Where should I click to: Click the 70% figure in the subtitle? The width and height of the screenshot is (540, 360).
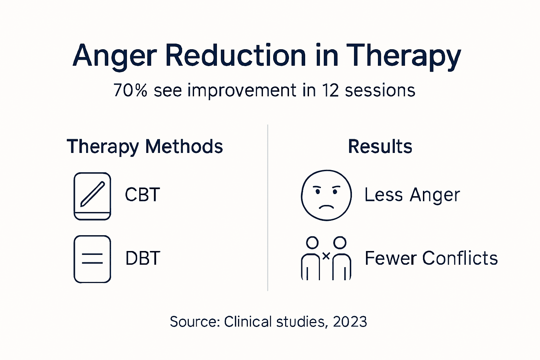pos(130,90)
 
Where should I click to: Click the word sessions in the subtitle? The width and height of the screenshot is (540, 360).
pos(380,90)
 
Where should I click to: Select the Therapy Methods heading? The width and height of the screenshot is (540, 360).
pos(145,147)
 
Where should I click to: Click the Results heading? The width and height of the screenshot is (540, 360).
pos(380,147)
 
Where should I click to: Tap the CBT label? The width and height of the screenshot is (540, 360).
pos(142,195)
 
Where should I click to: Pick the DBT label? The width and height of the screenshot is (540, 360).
pos(143,258)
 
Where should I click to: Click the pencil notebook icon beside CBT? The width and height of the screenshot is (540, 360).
pos(92,196)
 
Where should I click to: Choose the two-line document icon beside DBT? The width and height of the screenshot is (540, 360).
pos(92,259)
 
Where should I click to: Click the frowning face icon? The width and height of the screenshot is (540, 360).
pos(326,195)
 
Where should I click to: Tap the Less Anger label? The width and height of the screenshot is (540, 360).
pos(412,195)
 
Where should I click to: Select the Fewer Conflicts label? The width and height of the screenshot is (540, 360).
pos(431,258)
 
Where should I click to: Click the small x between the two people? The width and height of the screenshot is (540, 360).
pos(326,256)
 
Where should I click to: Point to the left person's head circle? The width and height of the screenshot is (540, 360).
pos(312,242)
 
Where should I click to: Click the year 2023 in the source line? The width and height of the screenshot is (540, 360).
pos(350,322)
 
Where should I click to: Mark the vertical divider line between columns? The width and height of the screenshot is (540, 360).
pos(268,207)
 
